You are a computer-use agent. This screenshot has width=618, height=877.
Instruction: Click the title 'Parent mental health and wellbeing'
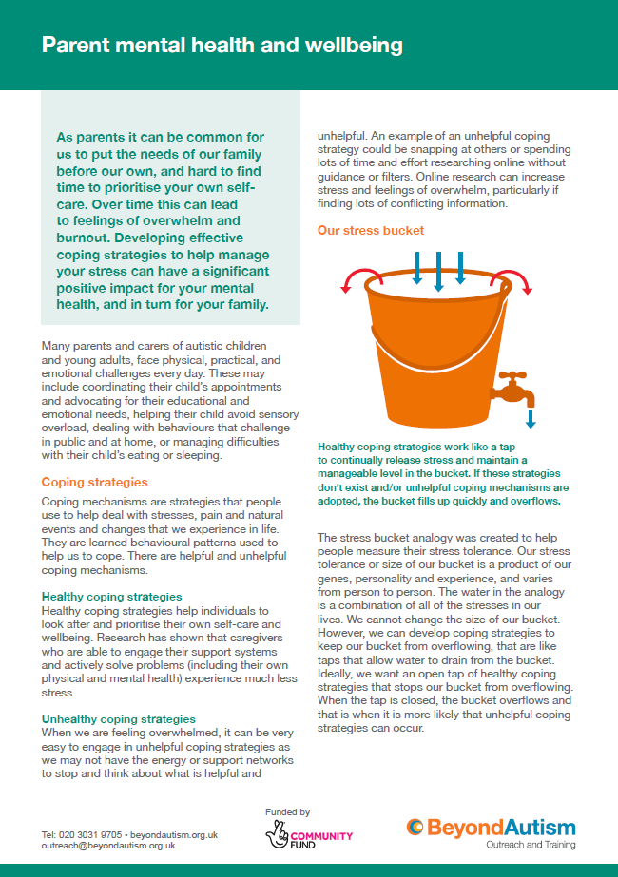click(222, 46)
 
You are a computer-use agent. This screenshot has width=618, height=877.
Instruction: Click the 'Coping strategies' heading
click(88, 482)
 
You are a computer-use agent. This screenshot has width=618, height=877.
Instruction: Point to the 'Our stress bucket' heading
click(370, 230)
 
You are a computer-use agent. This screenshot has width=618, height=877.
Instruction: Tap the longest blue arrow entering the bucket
click(438, 272)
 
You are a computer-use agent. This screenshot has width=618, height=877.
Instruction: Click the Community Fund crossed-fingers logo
click(278, 836)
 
